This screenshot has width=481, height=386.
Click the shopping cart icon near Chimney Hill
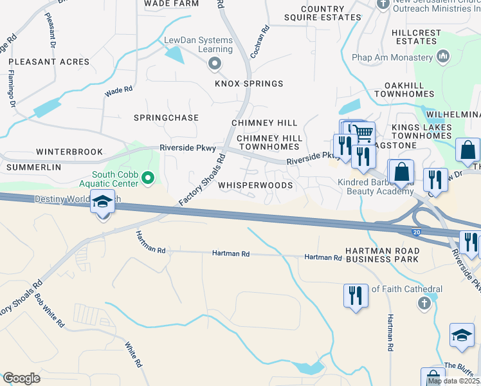[x=363, y=133]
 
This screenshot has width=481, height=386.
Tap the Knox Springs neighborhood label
[x=249, y=84]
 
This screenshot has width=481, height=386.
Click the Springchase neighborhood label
[x=166, y=118]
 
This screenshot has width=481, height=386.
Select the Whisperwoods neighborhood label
[x=255, y=185]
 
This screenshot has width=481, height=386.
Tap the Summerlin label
[x=33, y=167]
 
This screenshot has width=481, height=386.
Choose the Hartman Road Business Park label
[x=382, y=254]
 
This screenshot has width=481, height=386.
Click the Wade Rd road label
[x=118, y=92]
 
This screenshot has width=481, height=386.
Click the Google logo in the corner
[x=21, y=378]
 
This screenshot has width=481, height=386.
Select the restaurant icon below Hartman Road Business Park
[x=356, y=295]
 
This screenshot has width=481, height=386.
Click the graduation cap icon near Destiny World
[x=103, y=202]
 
